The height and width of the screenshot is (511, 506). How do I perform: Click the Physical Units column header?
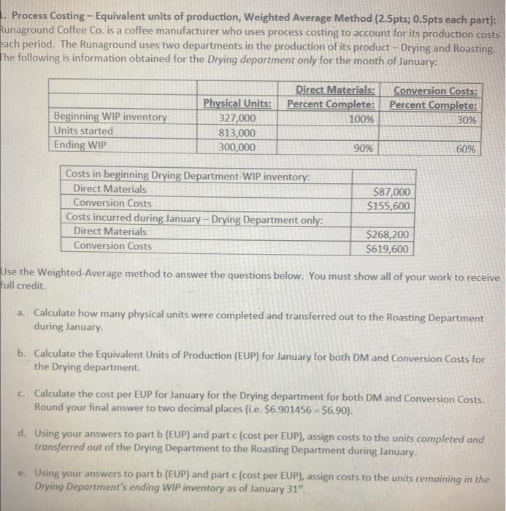point(237,104)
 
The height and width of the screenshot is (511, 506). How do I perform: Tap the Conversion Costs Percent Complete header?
point(435,97)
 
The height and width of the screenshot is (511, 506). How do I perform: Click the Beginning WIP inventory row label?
point(111,118)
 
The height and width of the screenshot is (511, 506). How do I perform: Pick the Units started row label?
point(85,131)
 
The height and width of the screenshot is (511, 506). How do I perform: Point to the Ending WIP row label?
point(80,145)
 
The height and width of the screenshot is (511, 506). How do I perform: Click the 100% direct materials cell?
point(361,118)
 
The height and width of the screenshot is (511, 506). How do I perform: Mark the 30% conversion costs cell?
point(467,119)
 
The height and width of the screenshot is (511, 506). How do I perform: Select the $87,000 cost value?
point(392,191)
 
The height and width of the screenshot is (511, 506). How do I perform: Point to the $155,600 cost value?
point(389,205)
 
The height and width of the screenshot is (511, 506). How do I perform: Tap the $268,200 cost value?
point(389,235)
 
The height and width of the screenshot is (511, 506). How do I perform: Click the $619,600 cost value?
point(389,249)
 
